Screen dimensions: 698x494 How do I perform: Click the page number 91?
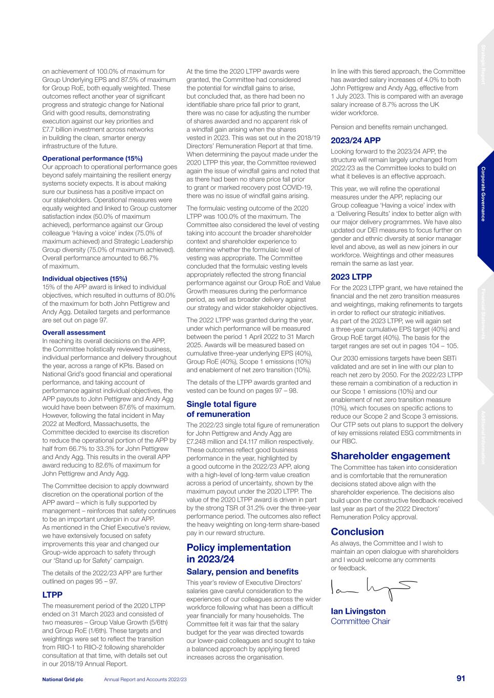click(461, 679)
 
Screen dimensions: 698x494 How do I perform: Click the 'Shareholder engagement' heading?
click(390, 456)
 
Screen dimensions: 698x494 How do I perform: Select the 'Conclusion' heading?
click(357, 531)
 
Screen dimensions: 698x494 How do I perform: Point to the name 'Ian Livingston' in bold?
click(358, 611)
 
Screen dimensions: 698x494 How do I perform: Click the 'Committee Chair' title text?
click(360, 621)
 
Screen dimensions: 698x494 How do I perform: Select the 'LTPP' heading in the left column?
click(52, 595)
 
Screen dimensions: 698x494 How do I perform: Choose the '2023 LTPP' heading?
click(351, 277)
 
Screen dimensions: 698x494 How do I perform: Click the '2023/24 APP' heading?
click(355, 141)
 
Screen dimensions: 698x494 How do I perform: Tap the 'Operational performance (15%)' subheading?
click(92, 159)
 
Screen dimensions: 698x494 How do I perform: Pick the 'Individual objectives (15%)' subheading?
click(84, 279)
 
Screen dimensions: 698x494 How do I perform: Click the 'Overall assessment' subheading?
click(74, 332)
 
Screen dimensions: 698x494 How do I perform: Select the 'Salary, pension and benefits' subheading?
click(242, 572)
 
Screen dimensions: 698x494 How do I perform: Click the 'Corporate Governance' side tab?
click(483, 194)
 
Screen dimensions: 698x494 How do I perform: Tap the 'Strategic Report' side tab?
click(483, 64)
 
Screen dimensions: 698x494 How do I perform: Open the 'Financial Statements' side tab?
click(483, 314)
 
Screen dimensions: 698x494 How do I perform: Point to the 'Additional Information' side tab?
click(483, 437)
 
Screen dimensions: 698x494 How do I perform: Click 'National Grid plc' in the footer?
click(62, 679)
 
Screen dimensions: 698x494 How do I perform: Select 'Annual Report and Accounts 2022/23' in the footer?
click(145, 679)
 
